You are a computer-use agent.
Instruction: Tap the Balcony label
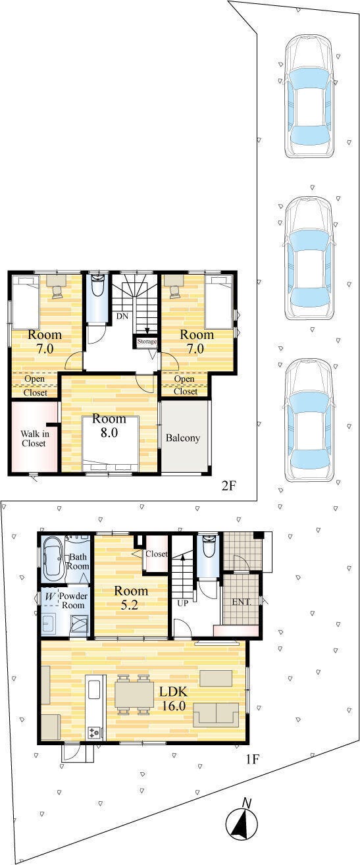[x=183, y=438]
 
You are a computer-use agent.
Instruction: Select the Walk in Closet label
[x=34, y=438]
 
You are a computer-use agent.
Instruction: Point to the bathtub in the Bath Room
[x=53, y=558]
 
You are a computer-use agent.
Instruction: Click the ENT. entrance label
[x=241, y=602]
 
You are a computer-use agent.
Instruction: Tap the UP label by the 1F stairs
[x=182, y=602]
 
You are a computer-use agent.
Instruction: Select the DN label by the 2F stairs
[x=122, y=316]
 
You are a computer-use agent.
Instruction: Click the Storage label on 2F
[x=147, y=342]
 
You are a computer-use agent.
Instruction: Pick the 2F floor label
[x=228, y=485]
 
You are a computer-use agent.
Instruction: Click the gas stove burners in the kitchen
[x=94, y=732]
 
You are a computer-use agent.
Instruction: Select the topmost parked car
[x=309, y=96]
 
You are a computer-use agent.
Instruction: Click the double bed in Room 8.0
[x=111, y=444]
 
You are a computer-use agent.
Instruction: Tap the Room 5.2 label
[x=131, y=597]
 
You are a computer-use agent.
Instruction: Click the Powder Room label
[x=73, y=600]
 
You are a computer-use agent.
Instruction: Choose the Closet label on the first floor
[x=156, y=554]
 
